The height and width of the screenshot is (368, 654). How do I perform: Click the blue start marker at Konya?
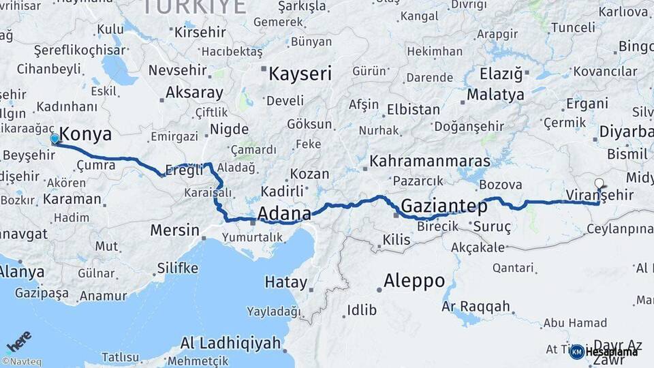(54, 139)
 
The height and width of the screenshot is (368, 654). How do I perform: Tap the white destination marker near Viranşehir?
(599, 183)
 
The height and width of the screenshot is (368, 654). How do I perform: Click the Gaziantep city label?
(444, 205)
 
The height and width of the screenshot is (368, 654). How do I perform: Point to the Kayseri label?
(300, 74)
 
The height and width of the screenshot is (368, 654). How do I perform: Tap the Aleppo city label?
(414, 280)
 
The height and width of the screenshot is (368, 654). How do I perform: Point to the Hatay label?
(286, 281)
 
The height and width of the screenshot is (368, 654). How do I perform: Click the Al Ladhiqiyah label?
(231, 343)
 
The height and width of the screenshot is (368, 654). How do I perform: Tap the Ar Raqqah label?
(476, 307)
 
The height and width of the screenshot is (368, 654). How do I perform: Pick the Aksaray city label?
(194, 93)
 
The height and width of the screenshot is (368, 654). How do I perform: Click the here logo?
(18, 340)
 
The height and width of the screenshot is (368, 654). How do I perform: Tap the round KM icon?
(576, 352)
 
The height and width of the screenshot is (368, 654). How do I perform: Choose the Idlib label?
(362, 310)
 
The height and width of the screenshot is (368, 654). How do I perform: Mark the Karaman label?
(72, 200)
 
